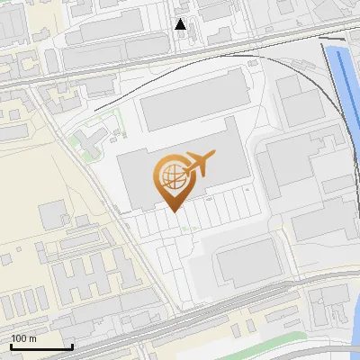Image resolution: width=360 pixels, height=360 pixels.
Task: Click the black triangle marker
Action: pyautogui.click(x=181, y=24)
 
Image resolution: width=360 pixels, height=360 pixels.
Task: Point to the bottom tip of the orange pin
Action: pyautogui.click(x=173, y=211)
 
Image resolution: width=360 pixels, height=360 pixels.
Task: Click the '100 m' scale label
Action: pyautogui.click(x=23, y=338)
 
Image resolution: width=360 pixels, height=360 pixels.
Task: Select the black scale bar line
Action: pyautogui.click(x=41, y=346)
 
